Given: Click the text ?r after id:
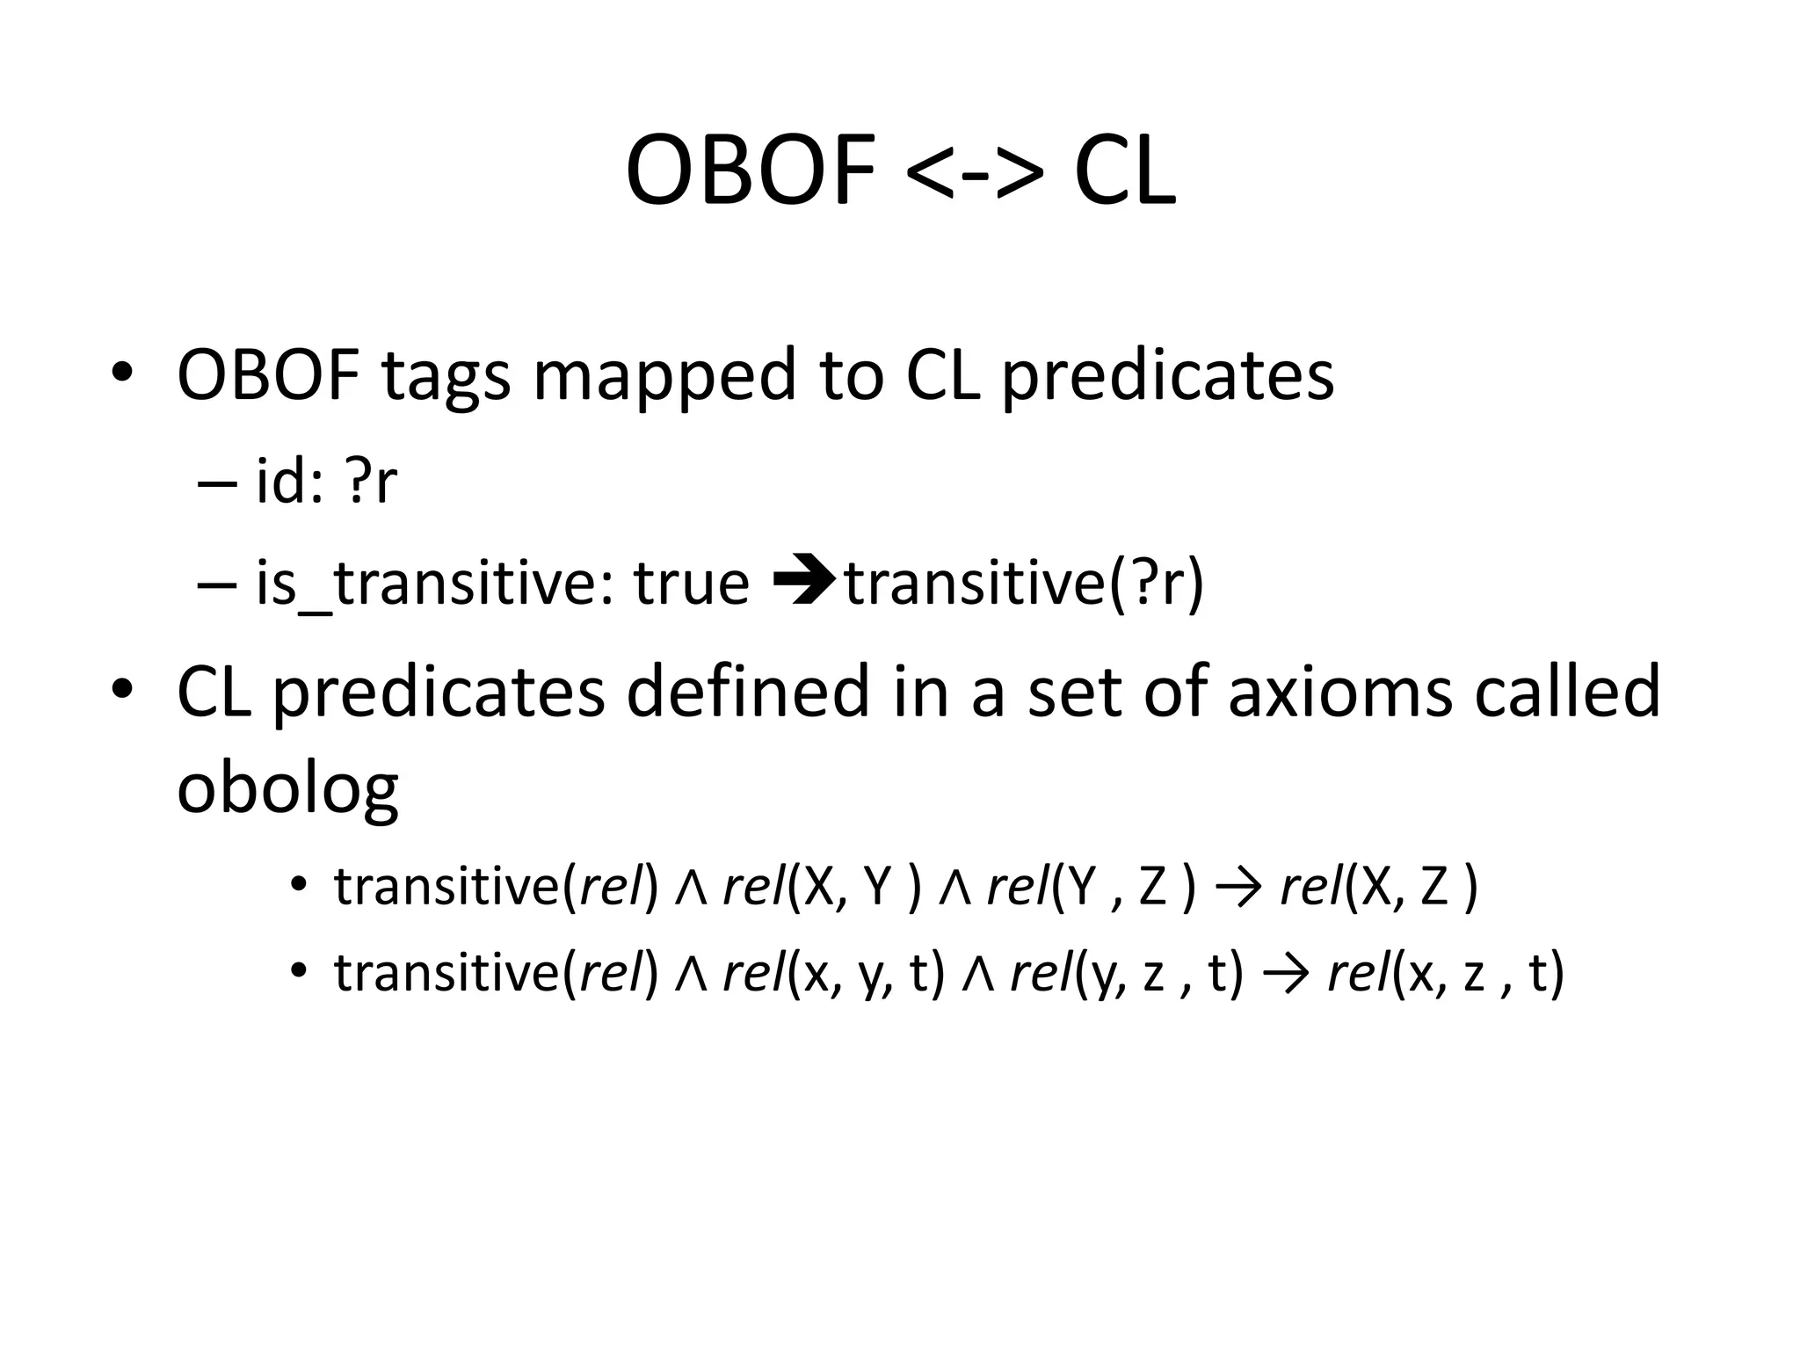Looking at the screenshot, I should (372, 483).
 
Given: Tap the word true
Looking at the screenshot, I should (692, 584).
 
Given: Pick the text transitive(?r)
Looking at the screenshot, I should (1024, 584).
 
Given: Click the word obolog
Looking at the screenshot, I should (287, 788).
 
